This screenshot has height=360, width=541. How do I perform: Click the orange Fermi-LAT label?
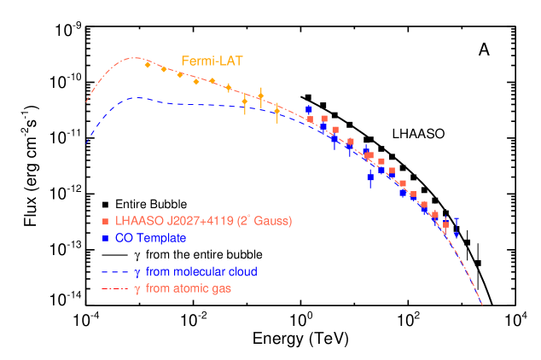[x=212, y=61]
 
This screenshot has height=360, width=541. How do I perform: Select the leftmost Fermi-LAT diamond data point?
[x=148, y=65]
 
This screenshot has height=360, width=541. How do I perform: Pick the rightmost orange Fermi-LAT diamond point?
[x=276, y=110]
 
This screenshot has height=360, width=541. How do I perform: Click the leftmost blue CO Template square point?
[x=309, y=109]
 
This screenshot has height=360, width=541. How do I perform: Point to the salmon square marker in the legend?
[x=105, y=222]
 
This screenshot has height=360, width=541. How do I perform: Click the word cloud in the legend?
[x=243, y=272]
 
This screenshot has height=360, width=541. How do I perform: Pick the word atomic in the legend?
[x=193, y=289]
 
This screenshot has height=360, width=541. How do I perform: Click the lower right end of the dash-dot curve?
[x=482, y=304]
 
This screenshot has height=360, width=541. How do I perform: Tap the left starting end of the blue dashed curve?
[x=85, y=145]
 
